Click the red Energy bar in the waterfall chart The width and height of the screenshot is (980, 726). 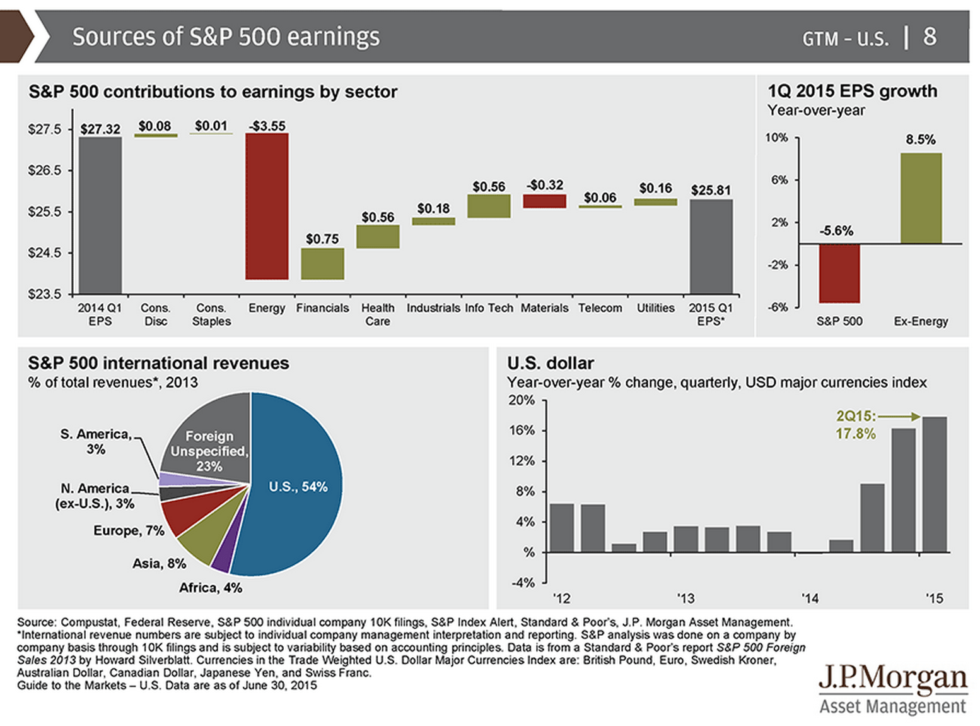pos(267,206)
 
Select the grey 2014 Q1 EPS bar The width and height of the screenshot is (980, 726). pos(100,215)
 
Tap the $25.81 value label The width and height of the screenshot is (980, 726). pos(711,190)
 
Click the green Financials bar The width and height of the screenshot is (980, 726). pos(322,263)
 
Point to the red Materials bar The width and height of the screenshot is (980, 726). pos(544,201)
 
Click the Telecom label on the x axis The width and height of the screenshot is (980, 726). pos(600,308)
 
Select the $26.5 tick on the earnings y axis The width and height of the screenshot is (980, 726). pos(44,170)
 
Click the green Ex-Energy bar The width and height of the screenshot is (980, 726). pos(921,198)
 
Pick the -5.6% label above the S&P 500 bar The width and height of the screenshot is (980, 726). pos(836,231)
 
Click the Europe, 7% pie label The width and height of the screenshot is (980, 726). pos(129,531)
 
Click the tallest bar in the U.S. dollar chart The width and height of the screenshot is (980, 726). pos(935,484)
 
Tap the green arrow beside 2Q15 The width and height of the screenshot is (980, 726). pos(899,417)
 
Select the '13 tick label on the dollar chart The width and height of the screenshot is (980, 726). pos(685,598)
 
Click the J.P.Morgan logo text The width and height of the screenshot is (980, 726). pos(892,679)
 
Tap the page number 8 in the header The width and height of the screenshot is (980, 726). pos(930,37)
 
